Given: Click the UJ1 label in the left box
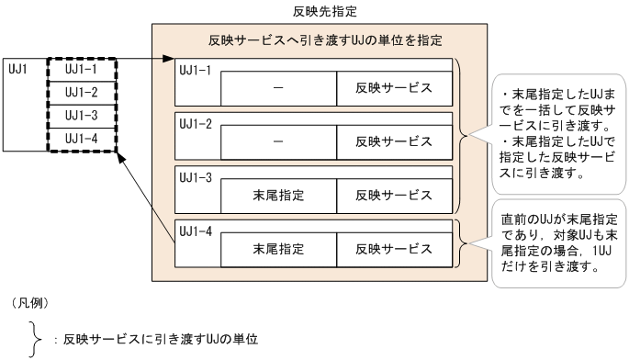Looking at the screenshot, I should (x=18, y=68).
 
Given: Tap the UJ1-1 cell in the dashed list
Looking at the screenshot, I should (x=82, y=68).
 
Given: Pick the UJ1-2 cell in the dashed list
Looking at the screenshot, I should (x=82, y=91).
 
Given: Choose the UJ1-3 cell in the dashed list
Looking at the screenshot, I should (x=82, y=114).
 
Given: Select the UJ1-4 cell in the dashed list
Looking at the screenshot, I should (x=82, y=138).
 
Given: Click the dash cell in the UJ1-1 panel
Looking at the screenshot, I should (x=279, y=88).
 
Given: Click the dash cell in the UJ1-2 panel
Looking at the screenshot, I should (x=279, y=141).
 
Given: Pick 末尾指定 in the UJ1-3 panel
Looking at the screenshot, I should (x=279, y=196).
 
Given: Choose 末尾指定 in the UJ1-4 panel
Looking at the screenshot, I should (x=279, y=249).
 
